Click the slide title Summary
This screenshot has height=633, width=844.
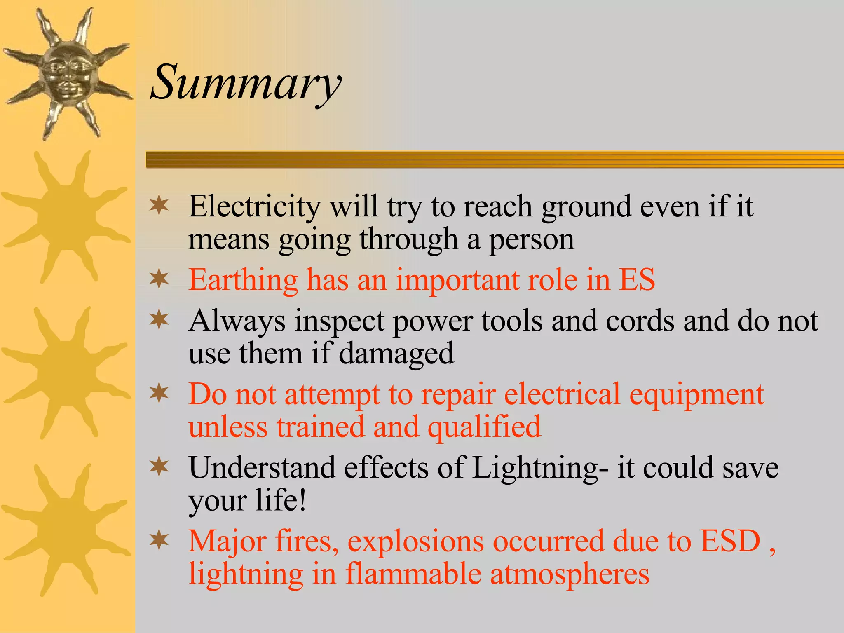[x=246, y=82]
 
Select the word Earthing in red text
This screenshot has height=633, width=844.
[x=243, y=280]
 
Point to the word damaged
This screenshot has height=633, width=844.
[x=396, y=354]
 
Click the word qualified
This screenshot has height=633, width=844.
[x=484, y=427]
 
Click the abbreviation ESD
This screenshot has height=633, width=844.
[x=730, y=541]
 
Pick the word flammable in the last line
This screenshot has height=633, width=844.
[x=413, y=574]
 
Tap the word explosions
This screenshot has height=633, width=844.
[x=415, y=542]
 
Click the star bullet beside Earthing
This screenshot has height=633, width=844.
[x=159, y=279]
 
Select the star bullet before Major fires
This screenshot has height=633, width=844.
[x=159, y=540]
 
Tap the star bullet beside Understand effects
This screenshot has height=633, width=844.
[x=159, y=467]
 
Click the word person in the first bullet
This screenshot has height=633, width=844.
[x=531, y=240]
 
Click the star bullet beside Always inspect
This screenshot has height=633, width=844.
[x=159, y=320]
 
